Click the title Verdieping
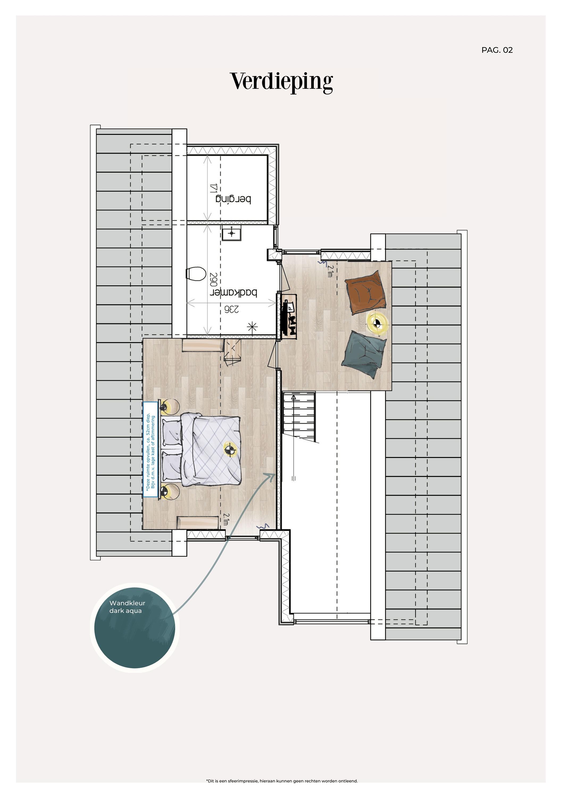coord(282,82)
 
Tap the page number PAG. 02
coord(497,50)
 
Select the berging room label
coord(233,199)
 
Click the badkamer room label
coord(233,292)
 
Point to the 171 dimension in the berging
coord(213,188)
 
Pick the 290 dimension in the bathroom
coord(214,280)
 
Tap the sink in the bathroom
coord(231,233)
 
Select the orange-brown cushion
coord(366,292)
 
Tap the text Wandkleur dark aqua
coord(127,607)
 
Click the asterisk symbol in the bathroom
coord(252,327)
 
